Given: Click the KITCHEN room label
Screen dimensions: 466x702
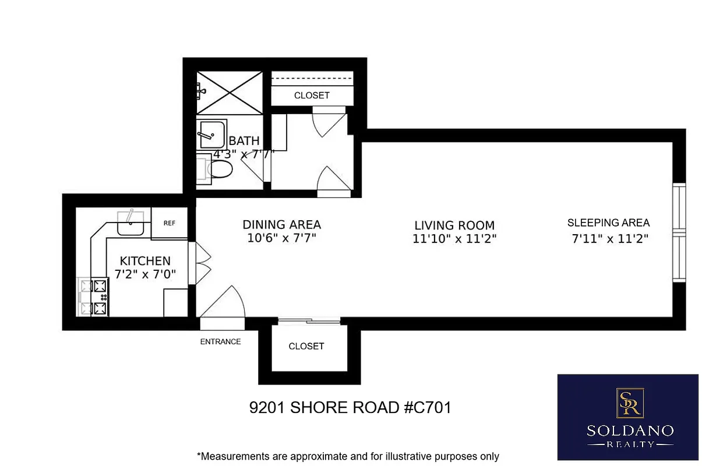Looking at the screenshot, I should (145, 261).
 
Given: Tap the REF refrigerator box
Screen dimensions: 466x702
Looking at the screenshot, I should (170, 223).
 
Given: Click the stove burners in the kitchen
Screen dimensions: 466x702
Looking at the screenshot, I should (94, 296).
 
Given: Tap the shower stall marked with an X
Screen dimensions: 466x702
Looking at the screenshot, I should (229, 93).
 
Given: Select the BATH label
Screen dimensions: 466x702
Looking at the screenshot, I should (244, 141).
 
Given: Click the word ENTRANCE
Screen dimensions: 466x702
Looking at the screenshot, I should (220, 342).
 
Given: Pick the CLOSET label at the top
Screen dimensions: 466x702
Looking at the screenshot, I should (312, 96).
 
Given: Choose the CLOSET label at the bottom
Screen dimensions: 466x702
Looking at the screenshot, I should (306, 346).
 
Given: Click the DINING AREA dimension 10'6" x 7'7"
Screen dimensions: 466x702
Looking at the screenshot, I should (281, 238).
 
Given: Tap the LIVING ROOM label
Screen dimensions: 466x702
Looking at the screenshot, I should (454, 225).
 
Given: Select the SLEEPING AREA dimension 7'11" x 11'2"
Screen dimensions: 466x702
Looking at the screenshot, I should (609, 238).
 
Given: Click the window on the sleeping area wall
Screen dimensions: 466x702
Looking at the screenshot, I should (678, 233).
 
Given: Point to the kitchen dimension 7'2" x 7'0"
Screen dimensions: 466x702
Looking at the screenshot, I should (145, 274).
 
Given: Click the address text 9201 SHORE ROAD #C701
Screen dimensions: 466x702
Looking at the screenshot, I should (350, 408).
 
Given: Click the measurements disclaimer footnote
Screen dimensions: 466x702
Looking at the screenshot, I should (348, 456).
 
